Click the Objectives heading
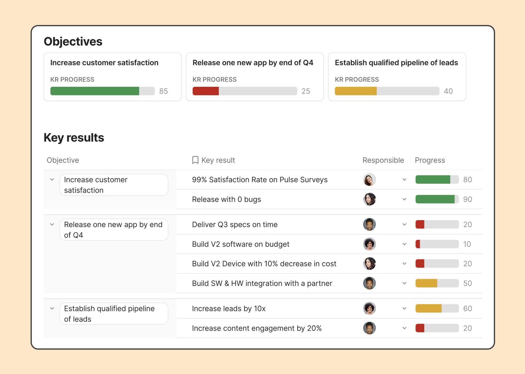[73, 42]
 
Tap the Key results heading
[74, 138]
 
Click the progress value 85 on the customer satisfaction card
[163, 91]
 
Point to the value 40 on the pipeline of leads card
[448, 91]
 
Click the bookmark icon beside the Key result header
[195, 160]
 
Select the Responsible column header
[383, 160]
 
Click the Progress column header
[430, 160]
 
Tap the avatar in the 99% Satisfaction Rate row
[369, 180]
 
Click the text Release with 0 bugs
[226, 199]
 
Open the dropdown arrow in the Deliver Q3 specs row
[404, 224]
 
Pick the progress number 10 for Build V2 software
[467, 244]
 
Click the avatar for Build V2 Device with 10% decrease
[369, 264]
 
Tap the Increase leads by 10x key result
[229, 309]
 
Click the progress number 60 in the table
[467, 309]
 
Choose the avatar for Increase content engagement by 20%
[369, 328]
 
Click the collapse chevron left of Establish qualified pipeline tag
[52, 309]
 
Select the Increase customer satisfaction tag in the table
[113, 185]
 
